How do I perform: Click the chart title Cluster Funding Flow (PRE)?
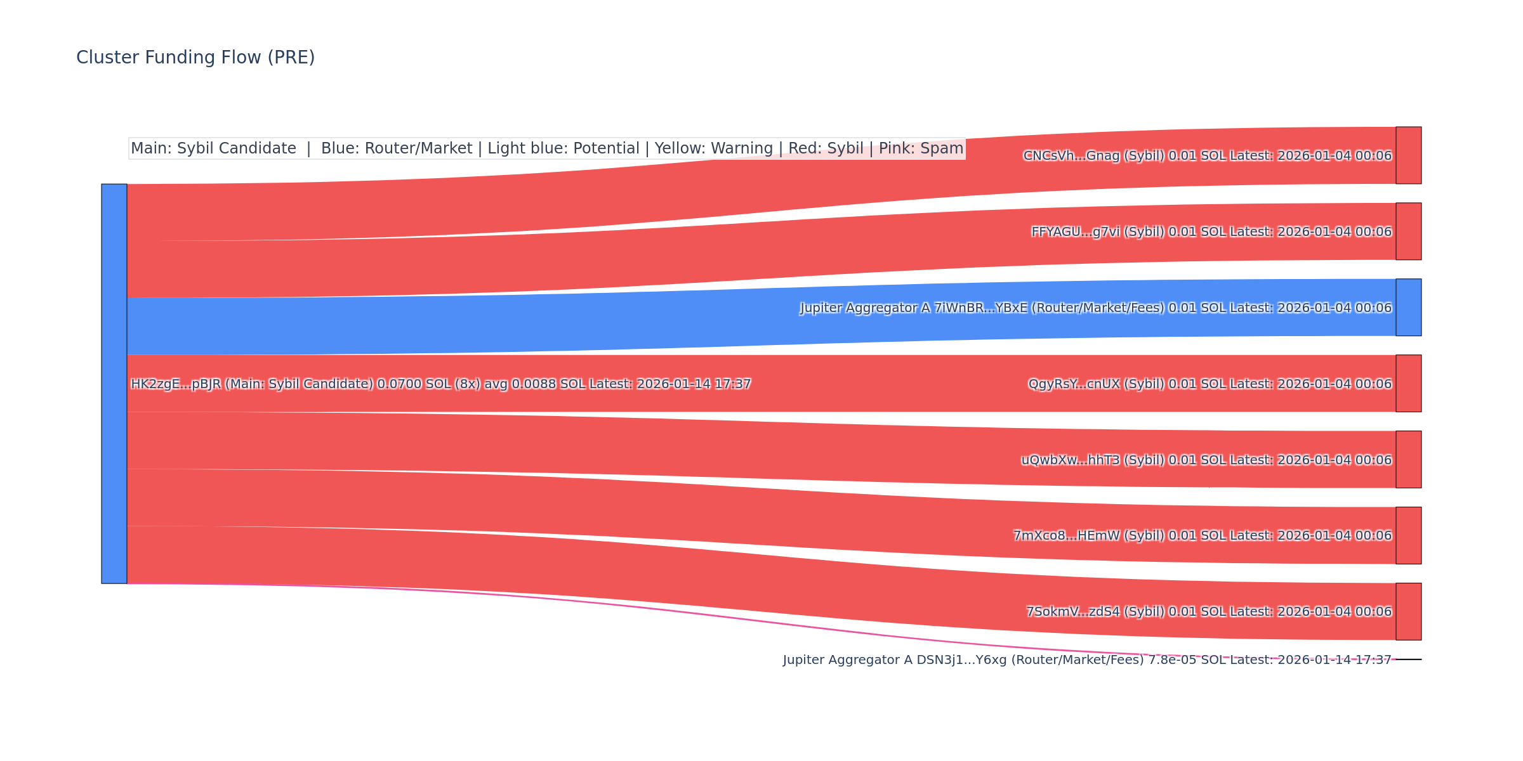point(195,58)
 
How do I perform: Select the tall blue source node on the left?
point(114,384)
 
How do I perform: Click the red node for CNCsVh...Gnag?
point(1408,155)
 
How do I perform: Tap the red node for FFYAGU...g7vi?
point(1408,231)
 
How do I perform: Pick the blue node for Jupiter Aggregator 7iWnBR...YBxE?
point(1408,308)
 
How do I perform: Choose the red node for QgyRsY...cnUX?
point(1408,384)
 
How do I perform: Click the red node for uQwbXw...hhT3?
point(1408,460)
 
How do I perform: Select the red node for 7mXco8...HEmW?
point(1408,535)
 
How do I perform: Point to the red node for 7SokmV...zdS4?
point(1408,611)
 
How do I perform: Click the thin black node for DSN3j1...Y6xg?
point(1408,660)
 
